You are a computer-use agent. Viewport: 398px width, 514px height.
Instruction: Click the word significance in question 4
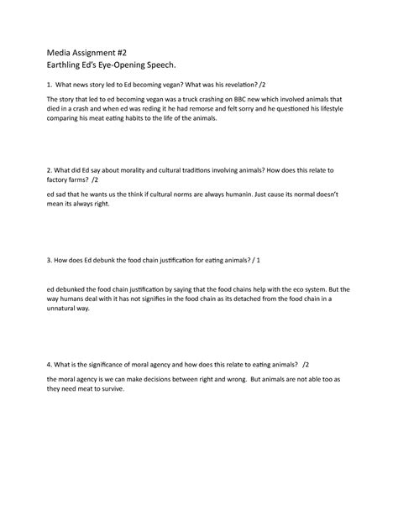113,366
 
